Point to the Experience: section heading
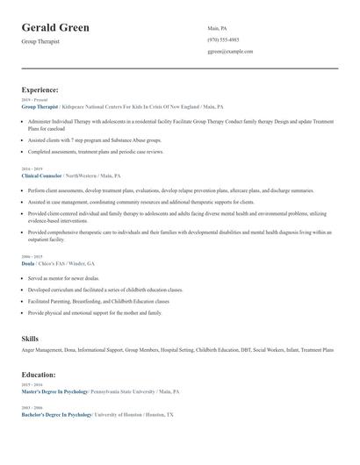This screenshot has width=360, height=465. [40, 89]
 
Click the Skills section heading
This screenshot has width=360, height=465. [31, 338]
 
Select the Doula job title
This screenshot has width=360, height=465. [28, 263]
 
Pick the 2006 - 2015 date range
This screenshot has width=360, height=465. [32, 257]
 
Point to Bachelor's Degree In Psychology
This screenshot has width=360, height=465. [56, 413]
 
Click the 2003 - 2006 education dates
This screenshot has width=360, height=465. [32, 407]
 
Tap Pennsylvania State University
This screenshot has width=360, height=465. [132, 391]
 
